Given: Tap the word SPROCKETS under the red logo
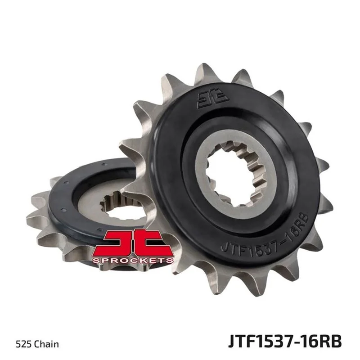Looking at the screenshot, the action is pos(133,261).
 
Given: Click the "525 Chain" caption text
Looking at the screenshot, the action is pos(37,344).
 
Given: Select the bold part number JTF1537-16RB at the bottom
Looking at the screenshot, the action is pos(285,342).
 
